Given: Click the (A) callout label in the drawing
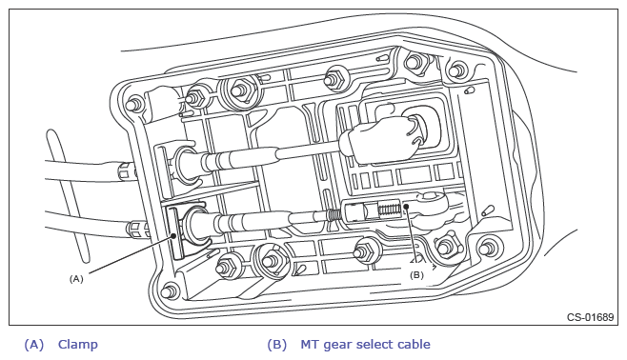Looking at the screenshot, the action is [x=76, y=279].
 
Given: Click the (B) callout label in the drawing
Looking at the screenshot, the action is [x=416, y=275].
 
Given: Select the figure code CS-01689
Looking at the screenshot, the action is [x=590, y=317].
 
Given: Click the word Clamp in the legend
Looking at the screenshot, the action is [x=78, y=345].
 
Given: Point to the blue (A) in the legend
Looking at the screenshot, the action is [x=34, y=345].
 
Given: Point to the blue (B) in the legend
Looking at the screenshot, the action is [x=277, y=345].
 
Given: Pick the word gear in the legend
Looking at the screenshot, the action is [x=337, y=346].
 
